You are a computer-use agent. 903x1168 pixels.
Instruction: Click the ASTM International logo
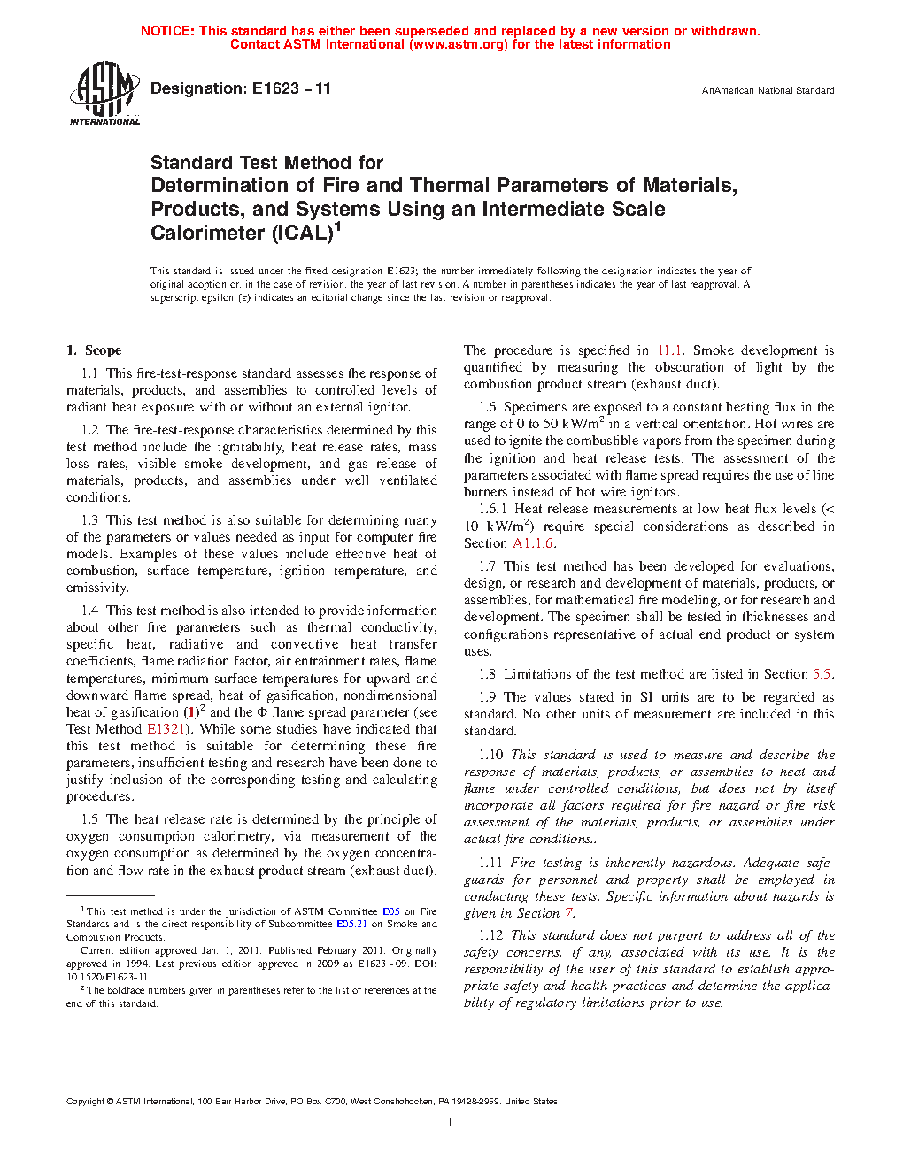point(104,93)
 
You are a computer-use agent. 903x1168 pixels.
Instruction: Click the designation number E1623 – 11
point(291,88)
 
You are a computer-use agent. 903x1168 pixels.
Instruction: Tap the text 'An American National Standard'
point(768,90)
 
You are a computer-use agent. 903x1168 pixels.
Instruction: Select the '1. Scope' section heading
point(94,350)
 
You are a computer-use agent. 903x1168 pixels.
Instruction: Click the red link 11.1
point(669,350)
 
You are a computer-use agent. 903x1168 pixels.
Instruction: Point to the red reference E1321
point(166,729)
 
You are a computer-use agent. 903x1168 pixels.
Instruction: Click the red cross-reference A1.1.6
point(534,543)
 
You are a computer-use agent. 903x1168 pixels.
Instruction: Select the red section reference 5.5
point(822,674)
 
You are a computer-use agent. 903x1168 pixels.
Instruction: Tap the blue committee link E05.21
point(351,924)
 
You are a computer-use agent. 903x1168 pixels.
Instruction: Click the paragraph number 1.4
point(89,611)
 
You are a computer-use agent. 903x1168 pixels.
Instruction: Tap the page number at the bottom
point(451,1123)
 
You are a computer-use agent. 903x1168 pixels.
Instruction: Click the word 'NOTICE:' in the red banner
point(167,31)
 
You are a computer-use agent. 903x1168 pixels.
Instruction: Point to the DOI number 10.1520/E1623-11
point(107,977)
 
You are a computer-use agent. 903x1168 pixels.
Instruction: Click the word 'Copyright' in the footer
point(85,1102)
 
